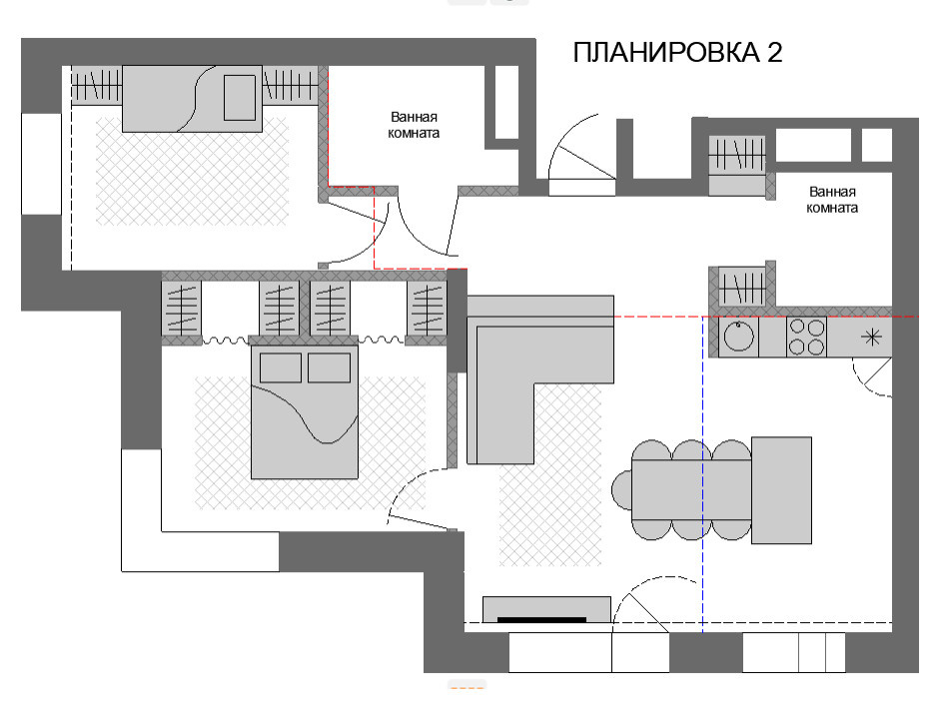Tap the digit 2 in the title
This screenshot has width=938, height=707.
tap(775, 54)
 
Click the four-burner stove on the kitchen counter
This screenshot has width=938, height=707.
tap(807, 337)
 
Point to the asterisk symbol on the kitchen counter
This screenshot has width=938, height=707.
tap(872, 337)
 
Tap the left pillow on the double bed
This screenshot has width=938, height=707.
tap(280, 367)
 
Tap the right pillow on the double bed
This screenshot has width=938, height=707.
tap(329, 367)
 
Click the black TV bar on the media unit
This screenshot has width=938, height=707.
tap(541, 620)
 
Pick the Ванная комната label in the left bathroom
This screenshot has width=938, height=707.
tap(415, 124)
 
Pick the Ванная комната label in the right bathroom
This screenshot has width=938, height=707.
tap(833, 201)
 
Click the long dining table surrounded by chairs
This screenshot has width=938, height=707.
tap(691, 490)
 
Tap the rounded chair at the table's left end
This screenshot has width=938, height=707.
tap(621, 490)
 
